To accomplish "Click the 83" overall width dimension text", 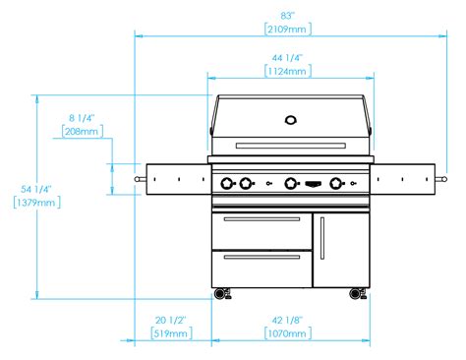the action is point(287,16).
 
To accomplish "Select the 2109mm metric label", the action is point(287,30).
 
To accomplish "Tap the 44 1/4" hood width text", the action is point(287,58).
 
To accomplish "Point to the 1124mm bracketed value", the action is point(287,72).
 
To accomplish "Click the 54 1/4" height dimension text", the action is point(36,189).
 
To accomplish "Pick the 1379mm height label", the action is point(36,203).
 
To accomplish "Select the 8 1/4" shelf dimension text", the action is point(82,118).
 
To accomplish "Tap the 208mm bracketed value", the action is point(83,132).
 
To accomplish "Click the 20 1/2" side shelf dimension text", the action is point(171,320).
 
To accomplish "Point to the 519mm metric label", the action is point(171,333).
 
